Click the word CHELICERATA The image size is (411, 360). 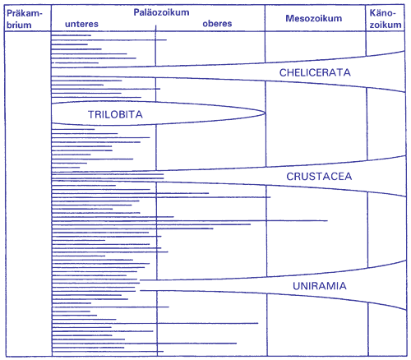click(x=315, y=72)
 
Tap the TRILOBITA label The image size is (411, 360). click(x=115, y=114)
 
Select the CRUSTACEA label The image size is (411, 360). click(x=319, y=177)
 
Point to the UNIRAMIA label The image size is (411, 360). click(x=320, y=286)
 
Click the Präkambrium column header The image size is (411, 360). click(x=25, y=19)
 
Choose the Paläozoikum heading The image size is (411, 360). click(x=161, y=12)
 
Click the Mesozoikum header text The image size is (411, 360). click(x=314, y=18)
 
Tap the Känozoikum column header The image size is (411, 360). click(x=386, y=19)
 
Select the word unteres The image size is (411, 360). click(x=81, y=24)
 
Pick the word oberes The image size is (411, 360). click(x=217, y=24)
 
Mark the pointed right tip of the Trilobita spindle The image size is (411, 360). click(x=266, y=113)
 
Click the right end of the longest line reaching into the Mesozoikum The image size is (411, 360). click(x=327, y=220)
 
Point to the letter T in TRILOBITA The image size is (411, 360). click(x=91, y=114)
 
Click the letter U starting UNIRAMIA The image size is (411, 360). click(x=296, y=286)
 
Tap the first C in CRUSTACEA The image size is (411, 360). click(x=290, y=177)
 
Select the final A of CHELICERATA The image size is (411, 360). click(x=347, y=72)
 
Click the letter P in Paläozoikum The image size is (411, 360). click(x=136, y=12)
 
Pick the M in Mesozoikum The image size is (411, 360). click(x=289, y=18)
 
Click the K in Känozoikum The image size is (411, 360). click(x=373, y=13)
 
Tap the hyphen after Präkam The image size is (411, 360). click(x=41, y=14)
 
